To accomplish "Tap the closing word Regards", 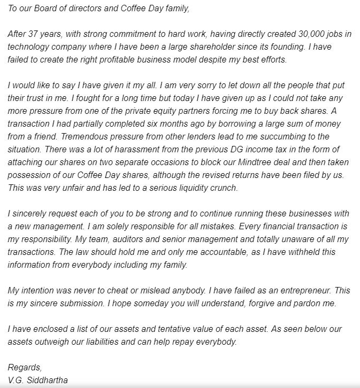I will pyautogui.click(x=24, y=368).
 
